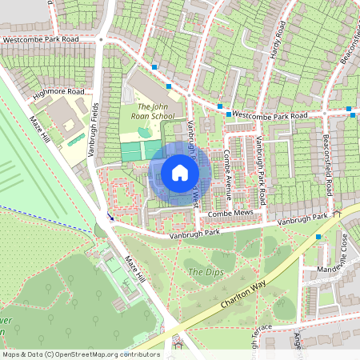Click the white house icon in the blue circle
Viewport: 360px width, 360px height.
(x=180, y=172)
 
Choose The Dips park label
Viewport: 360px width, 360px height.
(x=202, y=272)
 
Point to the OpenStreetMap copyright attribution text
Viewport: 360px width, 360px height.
(x=80, y=354)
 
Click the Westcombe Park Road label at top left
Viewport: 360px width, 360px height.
(x=40, y=38)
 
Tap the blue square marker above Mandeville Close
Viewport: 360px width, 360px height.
(x=318, y=237)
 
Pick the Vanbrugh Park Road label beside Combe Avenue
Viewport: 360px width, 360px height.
(x=260, y=164)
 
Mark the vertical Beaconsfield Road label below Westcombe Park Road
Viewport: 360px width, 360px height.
(x=329, y=164)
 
